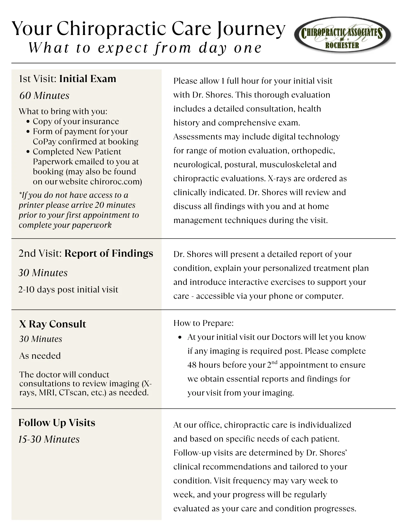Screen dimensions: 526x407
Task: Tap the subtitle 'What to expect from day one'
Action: pos(145,48)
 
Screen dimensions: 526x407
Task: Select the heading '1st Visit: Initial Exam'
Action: pos(67,79)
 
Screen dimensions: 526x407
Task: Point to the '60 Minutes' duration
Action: pos(44,95)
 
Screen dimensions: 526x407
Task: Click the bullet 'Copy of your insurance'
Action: pos(76,121)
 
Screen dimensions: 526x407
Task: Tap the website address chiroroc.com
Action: pos(116,181)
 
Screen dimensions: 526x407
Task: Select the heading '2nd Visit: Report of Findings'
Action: pos(86,253)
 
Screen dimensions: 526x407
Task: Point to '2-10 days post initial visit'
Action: pos(68,289)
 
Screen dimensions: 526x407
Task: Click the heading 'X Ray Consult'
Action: pos(52,324)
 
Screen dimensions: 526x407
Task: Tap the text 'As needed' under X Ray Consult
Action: pos(40,356)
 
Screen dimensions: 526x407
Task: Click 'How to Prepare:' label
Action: pos(203,323)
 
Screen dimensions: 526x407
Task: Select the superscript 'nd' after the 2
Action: pos(274,362)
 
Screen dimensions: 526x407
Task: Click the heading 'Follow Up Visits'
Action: pos(57,423)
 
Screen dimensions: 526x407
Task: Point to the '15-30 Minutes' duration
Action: pos(49,439)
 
